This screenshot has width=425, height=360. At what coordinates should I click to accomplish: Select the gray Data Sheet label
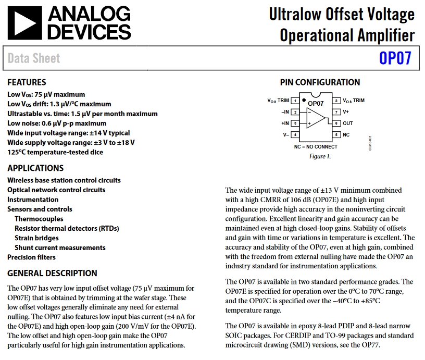[34, 58]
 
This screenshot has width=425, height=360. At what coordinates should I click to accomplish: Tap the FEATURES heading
[27, 82]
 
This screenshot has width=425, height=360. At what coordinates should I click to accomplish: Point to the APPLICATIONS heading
[35, 168]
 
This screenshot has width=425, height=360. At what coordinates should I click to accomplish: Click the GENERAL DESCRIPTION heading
[52, 273]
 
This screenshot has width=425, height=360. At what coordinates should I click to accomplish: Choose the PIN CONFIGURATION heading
[320, 82]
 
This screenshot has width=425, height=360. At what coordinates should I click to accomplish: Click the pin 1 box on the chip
[295, 101]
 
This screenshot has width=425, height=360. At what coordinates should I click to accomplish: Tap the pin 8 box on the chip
[337, 101]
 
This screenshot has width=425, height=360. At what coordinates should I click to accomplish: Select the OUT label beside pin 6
[348, 123]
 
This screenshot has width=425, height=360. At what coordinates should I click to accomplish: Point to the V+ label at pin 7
[346, 112]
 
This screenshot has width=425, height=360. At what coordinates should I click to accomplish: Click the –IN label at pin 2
[284, 112]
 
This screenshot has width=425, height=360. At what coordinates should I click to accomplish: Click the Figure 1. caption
[320, 156]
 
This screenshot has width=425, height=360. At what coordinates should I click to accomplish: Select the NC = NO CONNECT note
[316, 147]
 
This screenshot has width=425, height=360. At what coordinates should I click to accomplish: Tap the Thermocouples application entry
[39, 219]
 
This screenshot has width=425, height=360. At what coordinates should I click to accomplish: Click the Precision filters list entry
[31, 257]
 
